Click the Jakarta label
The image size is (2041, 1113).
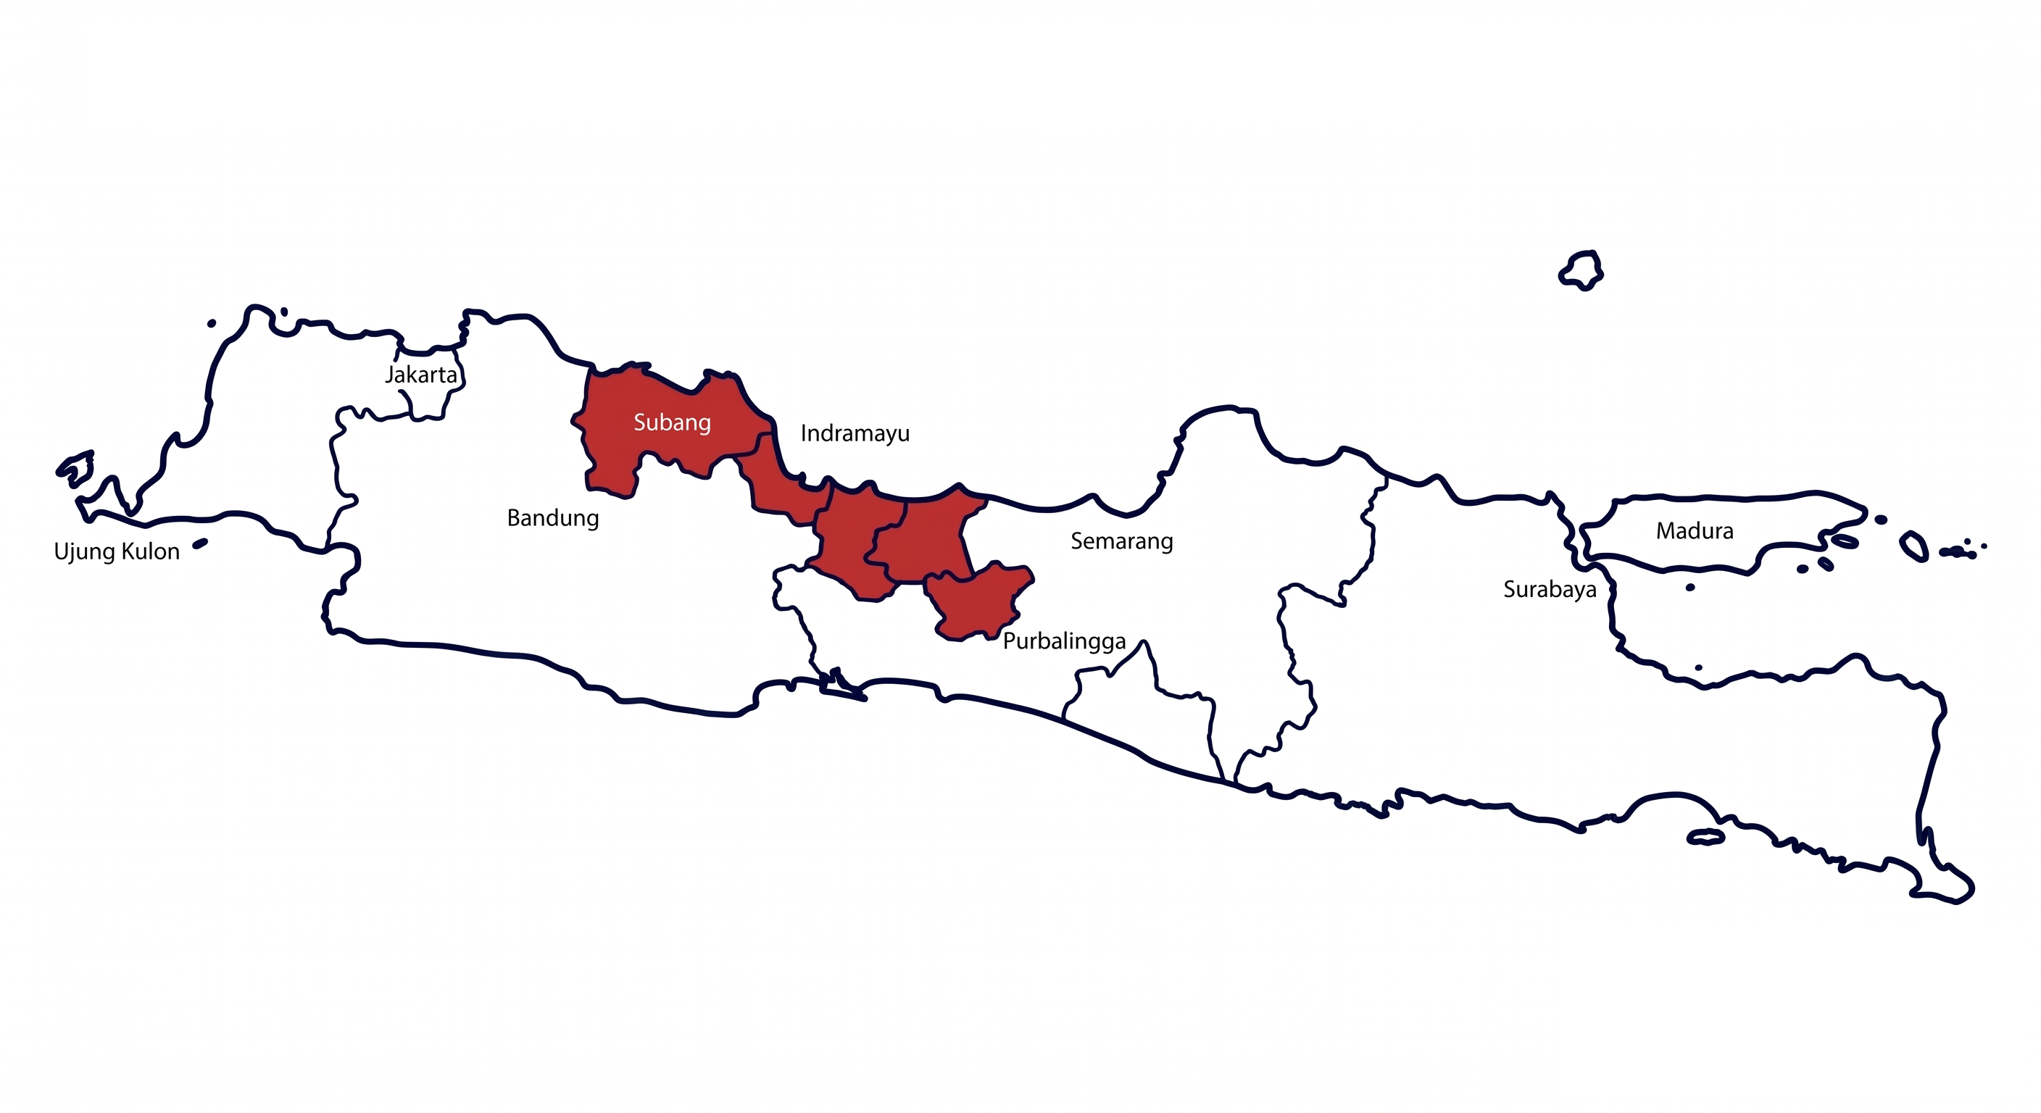click(420, 375)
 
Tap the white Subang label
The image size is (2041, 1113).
click(672, 422)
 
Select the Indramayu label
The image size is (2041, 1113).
click(855, 433)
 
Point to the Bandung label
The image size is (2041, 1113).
click(553, 518)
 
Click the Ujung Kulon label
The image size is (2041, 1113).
click(117, 551)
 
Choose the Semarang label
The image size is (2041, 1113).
click(1121, 542)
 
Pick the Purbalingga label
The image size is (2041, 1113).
click(1064, 641)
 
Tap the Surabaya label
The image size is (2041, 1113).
click(1549, 589)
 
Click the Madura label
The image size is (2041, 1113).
click(1694, 530)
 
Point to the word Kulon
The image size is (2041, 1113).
click(151, 551)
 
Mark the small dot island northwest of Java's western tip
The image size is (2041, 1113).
click(212, 323)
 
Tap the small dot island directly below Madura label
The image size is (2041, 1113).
click(1690, 588)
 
